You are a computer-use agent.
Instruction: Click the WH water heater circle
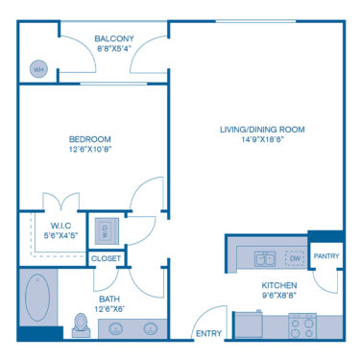pos(39,69)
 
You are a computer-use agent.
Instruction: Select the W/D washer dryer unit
pos(104,229)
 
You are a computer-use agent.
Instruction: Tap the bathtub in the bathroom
pos(39,298)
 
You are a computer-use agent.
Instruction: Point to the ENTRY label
pos(208,334)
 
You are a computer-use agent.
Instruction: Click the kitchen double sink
pos(265,258)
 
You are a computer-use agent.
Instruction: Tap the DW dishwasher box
pos(296,258)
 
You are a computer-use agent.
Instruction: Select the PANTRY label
pos(325,256)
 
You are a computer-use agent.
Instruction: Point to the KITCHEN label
pos(279,286)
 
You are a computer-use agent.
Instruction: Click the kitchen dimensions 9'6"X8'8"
pos(279,298)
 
